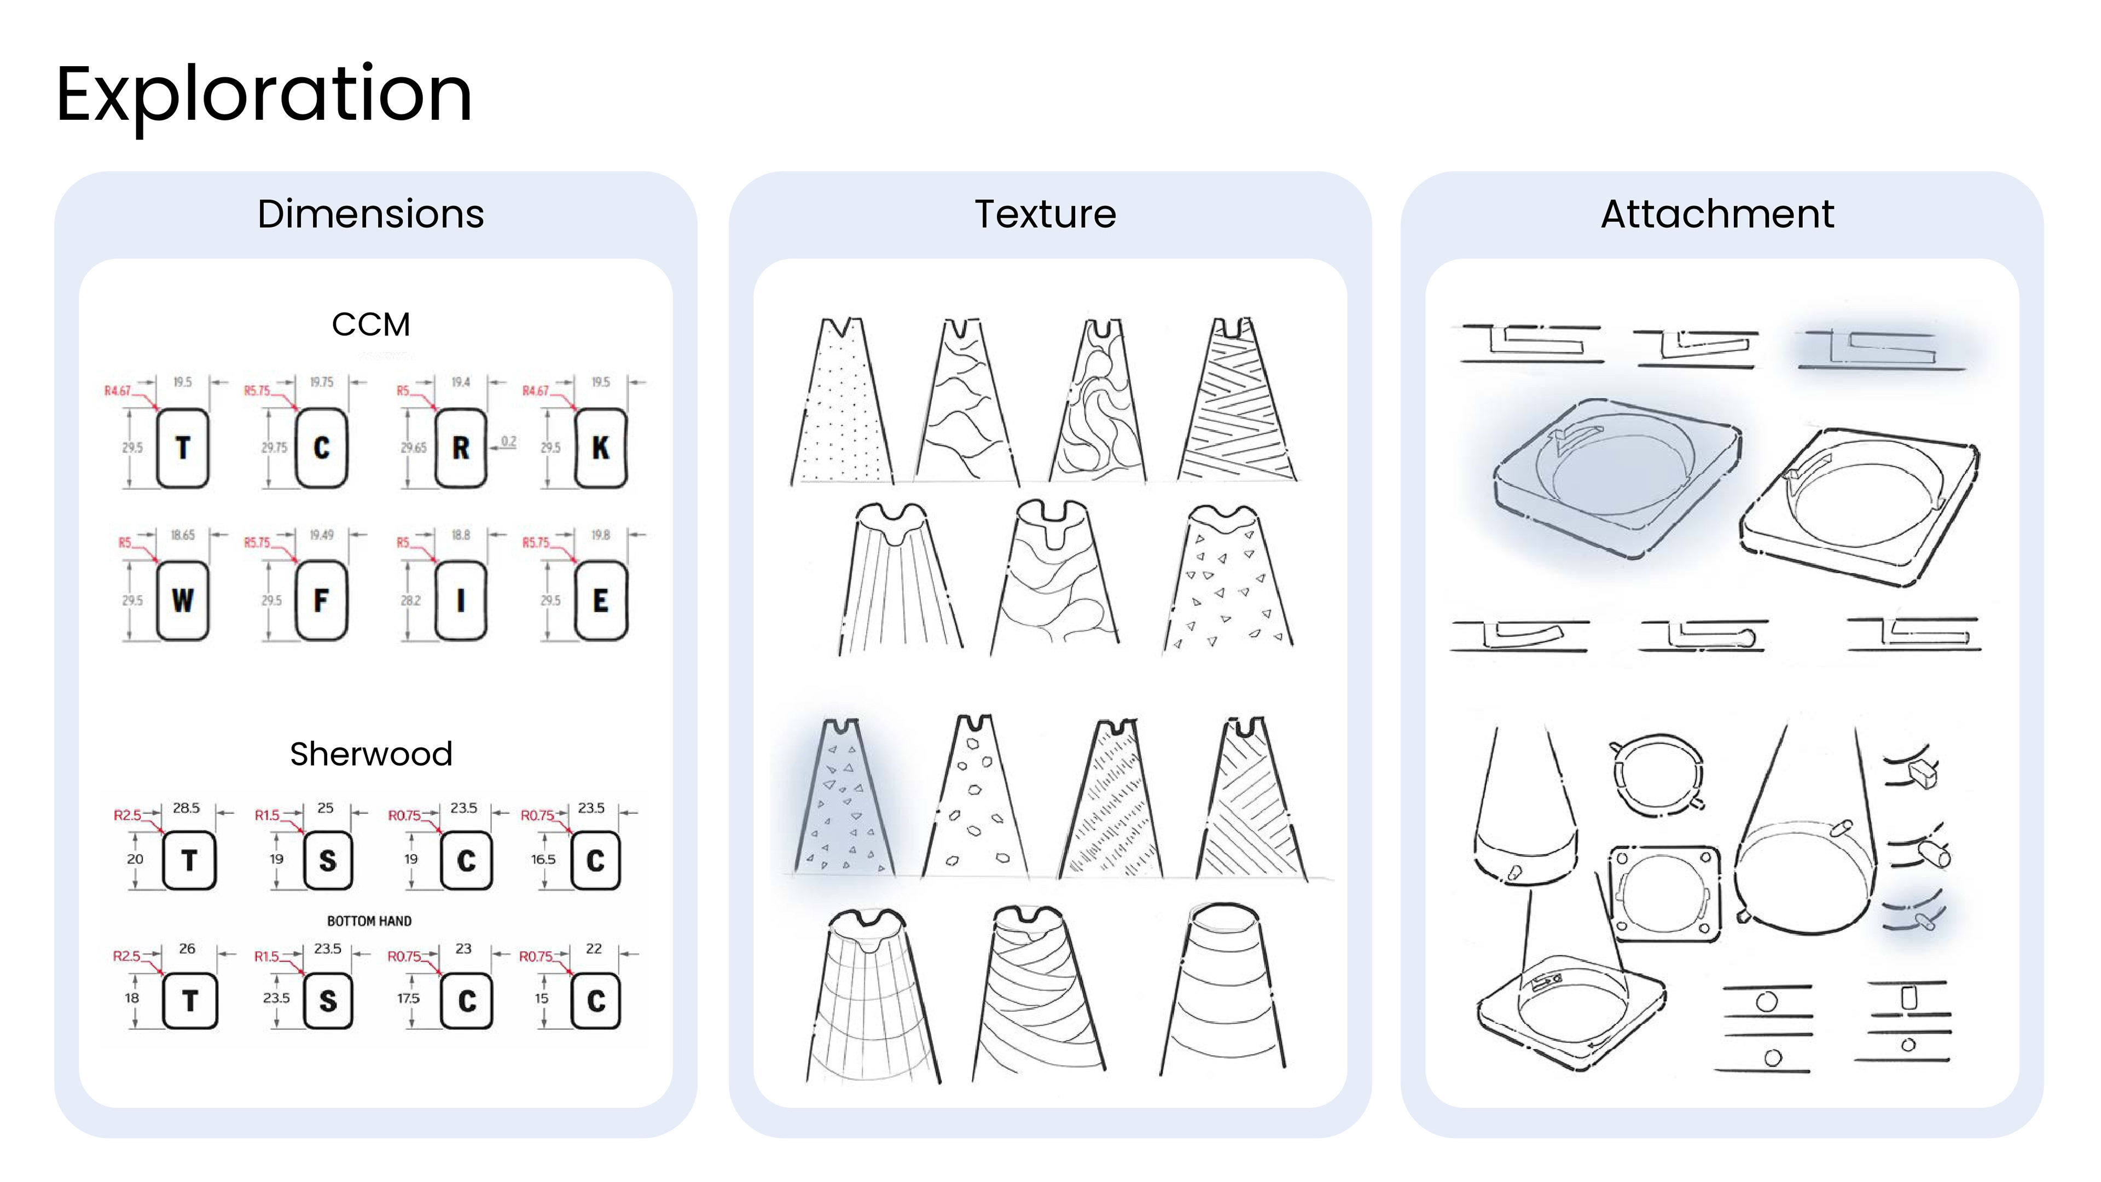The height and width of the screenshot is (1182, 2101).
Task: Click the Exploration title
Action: pos(263,95)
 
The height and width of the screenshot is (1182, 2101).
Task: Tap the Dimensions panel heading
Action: pos(371,214)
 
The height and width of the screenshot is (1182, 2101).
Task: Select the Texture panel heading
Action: pos(1046,214)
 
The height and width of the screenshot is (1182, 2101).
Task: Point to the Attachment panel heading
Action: pos(1717,214)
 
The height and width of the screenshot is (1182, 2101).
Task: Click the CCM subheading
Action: pos(371,325)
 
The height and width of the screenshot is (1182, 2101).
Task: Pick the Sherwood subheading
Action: pos(371,754)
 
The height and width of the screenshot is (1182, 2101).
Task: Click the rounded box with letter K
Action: pos(600,448)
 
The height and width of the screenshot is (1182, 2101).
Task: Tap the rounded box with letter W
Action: pos(183,600)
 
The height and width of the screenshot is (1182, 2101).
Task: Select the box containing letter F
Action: pos(321,600)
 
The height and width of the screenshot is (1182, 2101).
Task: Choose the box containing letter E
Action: pos(600,600)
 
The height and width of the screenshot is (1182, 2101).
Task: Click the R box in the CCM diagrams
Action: pos(461,448)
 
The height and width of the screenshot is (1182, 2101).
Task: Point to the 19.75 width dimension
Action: pos(321,382)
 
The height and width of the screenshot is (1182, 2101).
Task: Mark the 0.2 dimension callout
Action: pos(508,441)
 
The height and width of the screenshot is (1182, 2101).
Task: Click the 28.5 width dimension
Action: pos(186,808)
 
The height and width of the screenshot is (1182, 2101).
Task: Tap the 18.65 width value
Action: pos(183,535)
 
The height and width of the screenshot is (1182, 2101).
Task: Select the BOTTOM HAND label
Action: pos(369,921)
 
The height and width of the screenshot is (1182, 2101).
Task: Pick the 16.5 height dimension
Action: pos(543,859)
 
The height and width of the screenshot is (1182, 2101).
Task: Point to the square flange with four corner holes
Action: pos(1664,894)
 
